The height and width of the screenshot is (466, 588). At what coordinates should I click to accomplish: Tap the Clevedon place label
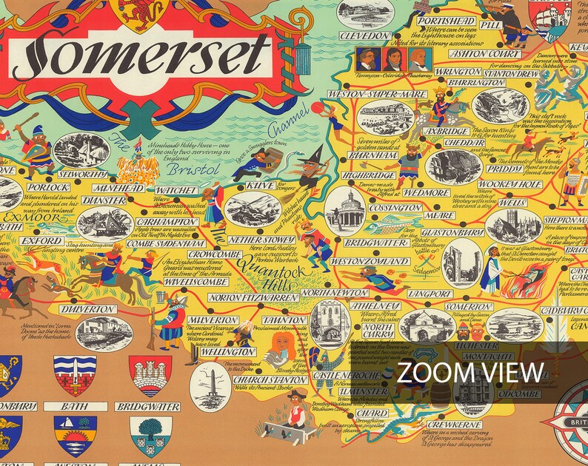pyautogui.click(x=365, y=36)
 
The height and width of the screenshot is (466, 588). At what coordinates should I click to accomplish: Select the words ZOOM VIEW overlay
pyautogui.click(x=470, y=372)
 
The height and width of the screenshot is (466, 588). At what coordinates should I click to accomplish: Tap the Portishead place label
pyautogui.click(x=445, y=21)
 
